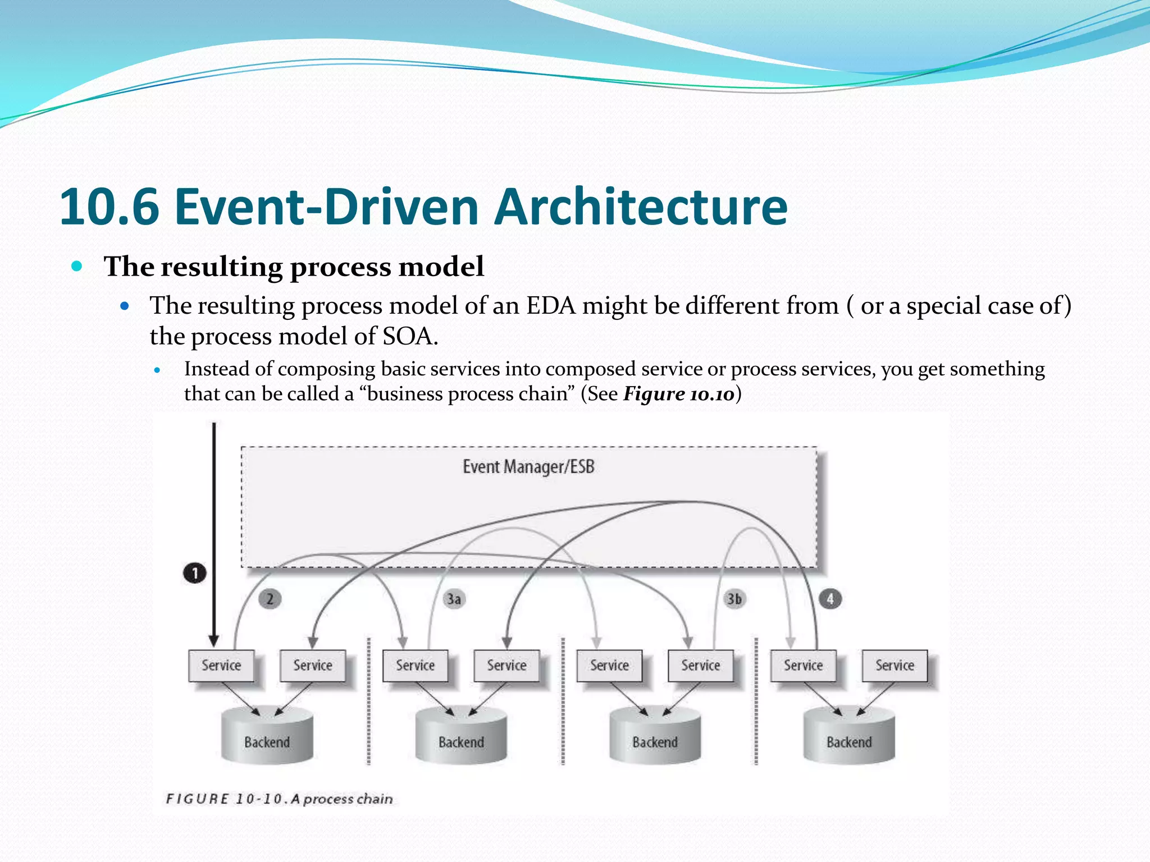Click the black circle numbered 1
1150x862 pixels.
195,573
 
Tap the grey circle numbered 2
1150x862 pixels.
270,599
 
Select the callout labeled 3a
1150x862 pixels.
454,599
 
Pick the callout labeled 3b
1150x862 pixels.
734,599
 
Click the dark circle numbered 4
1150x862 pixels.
830,599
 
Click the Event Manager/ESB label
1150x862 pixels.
528,466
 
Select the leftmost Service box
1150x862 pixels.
221,666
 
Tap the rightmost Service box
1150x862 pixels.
895,666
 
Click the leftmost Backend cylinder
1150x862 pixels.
267,736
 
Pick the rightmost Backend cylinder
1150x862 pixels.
849,736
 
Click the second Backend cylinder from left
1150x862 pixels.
461,736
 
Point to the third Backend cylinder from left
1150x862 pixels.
655,736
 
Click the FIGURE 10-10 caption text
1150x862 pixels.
279,799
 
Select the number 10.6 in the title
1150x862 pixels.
110,207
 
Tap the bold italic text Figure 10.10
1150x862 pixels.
679,394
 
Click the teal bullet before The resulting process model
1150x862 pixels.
77,265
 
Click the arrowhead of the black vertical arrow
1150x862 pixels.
213,641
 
